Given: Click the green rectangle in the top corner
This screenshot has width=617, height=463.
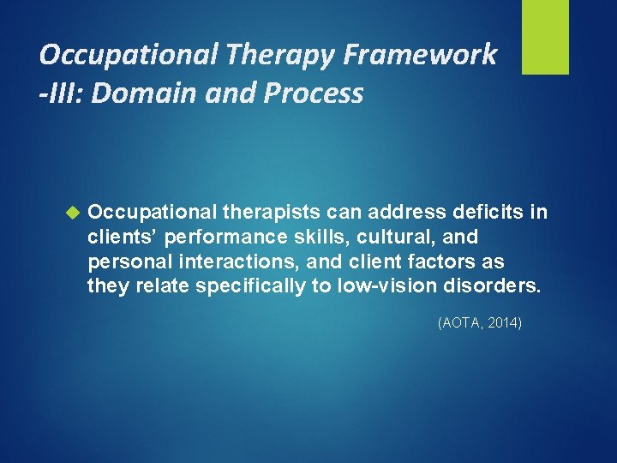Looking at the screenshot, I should pos(545,37).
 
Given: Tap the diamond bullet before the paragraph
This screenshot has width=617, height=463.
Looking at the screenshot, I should pos(72,211).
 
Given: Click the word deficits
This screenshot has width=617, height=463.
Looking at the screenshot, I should pos(481,212).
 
